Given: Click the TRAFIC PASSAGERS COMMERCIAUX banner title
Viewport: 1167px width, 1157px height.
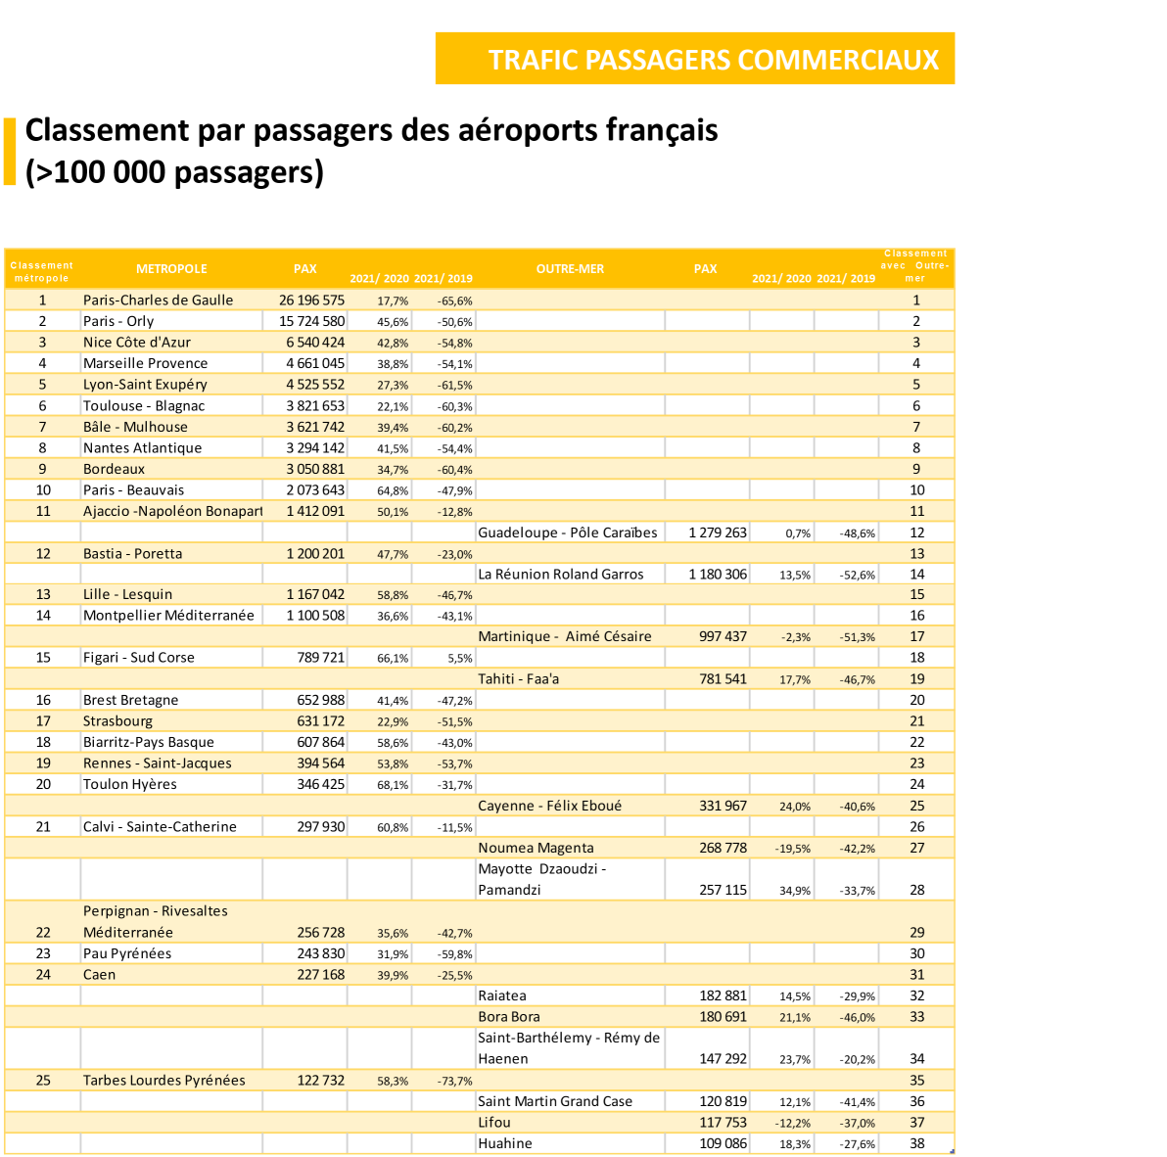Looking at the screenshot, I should point(714,60).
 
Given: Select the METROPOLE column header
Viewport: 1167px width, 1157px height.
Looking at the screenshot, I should point(171,269).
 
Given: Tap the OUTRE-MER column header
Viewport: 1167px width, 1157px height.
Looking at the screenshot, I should point(570,269).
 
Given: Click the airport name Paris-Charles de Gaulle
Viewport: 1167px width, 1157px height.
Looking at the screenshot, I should point(158,301).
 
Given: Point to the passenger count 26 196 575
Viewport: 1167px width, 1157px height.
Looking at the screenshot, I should point(311,301).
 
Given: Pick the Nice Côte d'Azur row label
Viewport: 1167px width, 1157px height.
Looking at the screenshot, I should point(137,343).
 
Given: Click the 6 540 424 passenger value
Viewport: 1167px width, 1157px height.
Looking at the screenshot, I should point(315,343).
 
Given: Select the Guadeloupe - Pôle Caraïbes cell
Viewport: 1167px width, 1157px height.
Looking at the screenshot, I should point(568,532).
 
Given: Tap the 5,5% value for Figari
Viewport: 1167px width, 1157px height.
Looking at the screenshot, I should point(460,659).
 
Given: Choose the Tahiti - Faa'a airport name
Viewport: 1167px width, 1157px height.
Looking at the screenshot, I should point(519,679).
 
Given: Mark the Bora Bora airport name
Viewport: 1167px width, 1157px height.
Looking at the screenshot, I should point(509,1017).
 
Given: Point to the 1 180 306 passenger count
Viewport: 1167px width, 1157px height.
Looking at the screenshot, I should point(718,575).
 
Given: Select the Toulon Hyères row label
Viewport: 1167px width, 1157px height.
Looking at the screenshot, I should point(130,785).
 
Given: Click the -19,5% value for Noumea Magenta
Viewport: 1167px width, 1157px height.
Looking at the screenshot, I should point(793,850).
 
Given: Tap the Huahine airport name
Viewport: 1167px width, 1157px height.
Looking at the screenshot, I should point(505,1143).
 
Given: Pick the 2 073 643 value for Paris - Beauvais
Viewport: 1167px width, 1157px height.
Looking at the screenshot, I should point(315,490).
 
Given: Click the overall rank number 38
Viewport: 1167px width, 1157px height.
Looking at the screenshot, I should point(916,1143).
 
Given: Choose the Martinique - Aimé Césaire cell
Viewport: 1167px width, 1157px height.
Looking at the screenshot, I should point(565,637).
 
